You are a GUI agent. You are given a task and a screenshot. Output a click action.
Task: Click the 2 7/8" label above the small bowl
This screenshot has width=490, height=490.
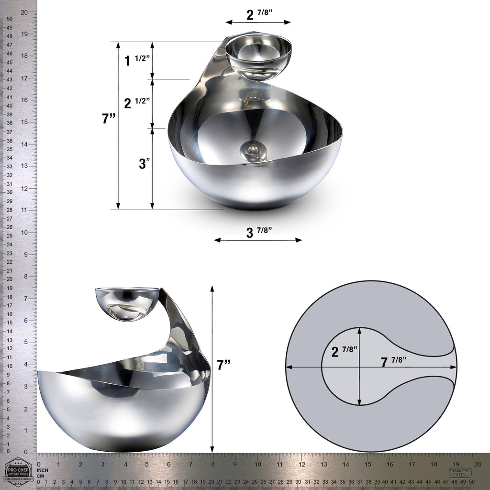click(x=259, y=14)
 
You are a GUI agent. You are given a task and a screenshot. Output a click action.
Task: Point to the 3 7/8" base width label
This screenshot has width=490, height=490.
click(x=259, y=232)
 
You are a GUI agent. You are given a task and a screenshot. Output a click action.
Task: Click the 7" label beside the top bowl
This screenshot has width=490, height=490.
click(x=109, y=119)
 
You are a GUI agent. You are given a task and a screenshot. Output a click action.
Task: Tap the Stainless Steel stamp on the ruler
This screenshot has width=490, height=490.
click(x=460, y=472)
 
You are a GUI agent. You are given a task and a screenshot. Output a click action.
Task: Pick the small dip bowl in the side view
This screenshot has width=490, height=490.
click(x=127, y=303)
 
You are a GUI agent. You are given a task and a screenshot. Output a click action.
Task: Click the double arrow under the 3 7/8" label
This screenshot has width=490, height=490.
click(x=258, y=240)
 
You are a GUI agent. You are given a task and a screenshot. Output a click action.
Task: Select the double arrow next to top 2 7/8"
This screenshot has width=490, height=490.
click(x=258, y=22)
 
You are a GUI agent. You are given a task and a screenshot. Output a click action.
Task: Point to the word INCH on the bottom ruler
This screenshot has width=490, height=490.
click(x=44, y=470)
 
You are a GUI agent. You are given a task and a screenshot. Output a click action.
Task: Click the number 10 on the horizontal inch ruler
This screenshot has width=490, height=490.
click(x=257, y=464)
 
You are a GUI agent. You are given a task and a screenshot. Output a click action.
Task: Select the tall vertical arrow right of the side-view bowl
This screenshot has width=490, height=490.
click(x=212, y=368)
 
